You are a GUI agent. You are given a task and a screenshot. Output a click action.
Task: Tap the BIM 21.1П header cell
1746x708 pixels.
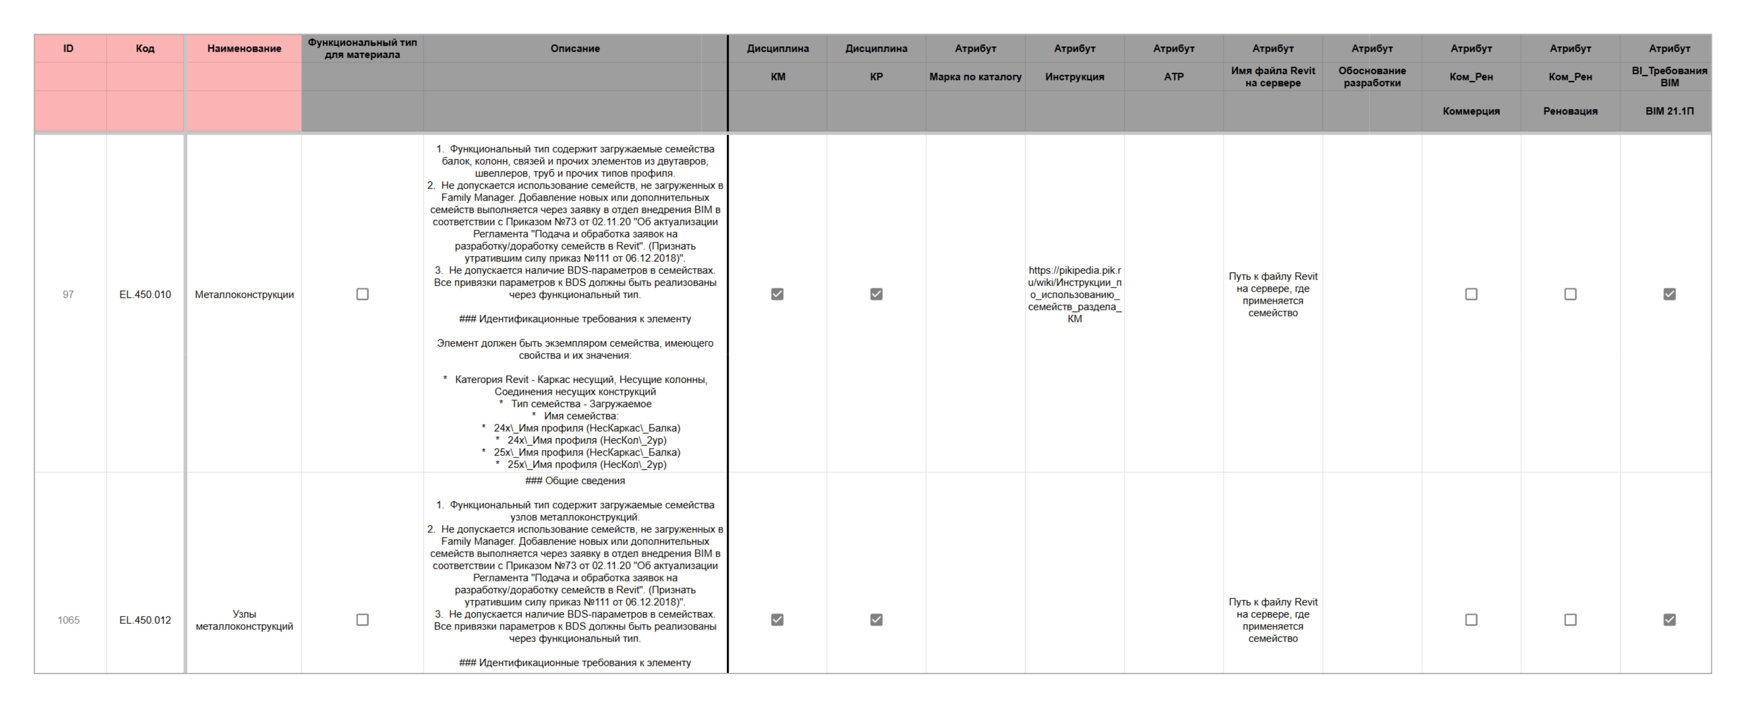1669,111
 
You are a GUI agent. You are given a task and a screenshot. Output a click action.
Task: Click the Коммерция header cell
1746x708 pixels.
1471,111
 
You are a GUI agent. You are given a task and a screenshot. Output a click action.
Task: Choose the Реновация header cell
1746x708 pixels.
1571,111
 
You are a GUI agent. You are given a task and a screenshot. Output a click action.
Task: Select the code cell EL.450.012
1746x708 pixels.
145,620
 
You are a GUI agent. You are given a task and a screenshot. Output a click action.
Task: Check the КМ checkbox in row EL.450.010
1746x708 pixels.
777,294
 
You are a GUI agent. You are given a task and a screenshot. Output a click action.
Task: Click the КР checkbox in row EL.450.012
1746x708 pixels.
876,620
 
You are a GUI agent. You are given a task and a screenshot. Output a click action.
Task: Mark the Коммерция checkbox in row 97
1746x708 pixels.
1471,294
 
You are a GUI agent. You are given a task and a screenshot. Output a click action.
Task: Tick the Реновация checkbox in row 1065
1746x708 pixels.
1571,620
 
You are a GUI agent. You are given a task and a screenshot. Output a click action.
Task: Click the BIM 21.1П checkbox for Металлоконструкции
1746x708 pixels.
1669,294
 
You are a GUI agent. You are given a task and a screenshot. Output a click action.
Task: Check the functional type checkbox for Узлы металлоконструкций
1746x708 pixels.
363,620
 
